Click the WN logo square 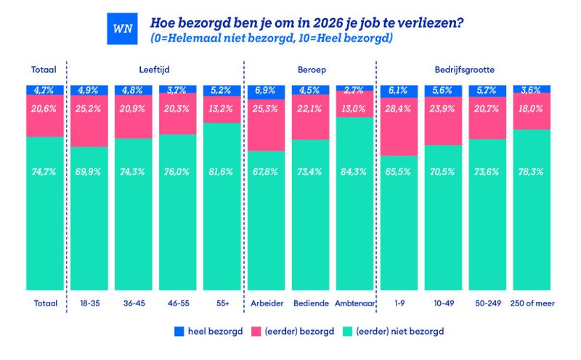[x=118, y=29]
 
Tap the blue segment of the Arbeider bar [x=267, y=90]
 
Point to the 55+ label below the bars [x=222, y=303]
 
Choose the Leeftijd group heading [x=155, y=70]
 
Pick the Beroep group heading [x=311, y=70]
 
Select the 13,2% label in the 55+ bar [x=222, y=108]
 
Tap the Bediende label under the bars [x=311, y=303]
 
